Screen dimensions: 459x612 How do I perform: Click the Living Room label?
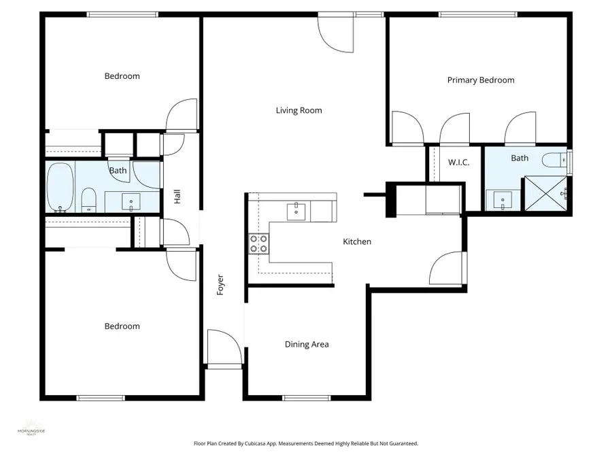(299, 110)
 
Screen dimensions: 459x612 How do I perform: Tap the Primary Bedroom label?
(481, 80)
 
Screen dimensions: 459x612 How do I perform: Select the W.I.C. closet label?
(455, 163)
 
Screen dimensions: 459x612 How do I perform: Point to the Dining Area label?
(307, 344)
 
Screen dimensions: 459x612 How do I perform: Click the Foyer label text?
(220, 284)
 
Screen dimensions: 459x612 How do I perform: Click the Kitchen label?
(356, 241)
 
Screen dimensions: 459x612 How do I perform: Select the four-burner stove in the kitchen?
(258, 243)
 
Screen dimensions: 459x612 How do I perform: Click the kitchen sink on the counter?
(296, 211)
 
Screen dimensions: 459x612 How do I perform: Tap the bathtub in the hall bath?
(61, 188)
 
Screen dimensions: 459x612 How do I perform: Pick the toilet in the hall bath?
(88, 200)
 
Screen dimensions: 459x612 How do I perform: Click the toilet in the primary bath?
(553, 161)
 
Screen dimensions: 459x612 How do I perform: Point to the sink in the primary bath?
(503, 200)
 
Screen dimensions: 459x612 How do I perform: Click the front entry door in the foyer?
(224, 350)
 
